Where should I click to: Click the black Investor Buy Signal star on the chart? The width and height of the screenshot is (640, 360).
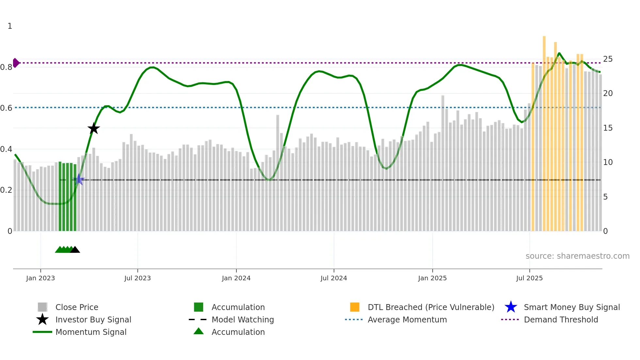click(x=94, y=129)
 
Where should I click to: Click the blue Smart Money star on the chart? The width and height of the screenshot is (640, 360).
click(x=79, y=180)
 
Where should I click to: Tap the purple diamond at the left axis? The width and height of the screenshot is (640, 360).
click(x=16, y=63)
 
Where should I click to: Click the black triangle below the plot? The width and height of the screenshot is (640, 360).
click(x=75, y=250)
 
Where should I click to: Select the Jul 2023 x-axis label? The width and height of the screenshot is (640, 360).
click(x=137, y=278)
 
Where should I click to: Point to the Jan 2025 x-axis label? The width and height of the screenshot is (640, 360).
click(x=432, y=278)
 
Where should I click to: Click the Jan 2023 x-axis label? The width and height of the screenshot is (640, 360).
click(x=40, y=278)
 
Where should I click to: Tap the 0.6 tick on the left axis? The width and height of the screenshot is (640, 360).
click(x=6, y=108)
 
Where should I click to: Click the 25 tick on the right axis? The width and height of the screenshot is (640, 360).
click(x=608, y=59)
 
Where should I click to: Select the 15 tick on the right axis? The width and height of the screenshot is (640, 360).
click(x=608, y=128)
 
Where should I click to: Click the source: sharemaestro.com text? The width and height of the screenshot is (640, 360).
click(x=577, y=256)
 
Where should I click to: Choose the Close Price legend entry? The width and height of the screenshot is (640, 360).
click(x=77, y=307)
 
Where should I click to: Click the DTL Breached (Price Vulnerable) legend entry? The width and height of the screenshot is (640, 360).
click(x=431, y=307)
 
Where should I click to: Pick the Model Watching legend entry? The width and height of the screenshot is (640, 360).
click(x=243, y=320)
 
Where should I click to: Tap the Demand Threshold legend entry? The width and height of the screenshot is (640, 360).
click(x=561, y=320)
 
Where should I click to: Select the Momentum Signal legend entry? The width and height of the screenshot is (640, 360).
click(x=91, y=332)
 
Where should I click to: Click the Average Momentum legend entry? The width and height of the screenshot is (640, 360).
click(x=407, y=320)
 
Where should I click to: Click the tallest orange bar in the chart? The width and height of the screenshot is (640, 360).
click(x=544, y=131)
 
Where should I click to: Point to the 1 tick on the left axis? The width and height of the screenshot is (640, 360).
click(x=10, y=26)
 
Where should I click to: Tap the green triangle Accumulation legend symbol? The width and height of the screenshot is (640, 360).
click(x=199, y=331)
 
